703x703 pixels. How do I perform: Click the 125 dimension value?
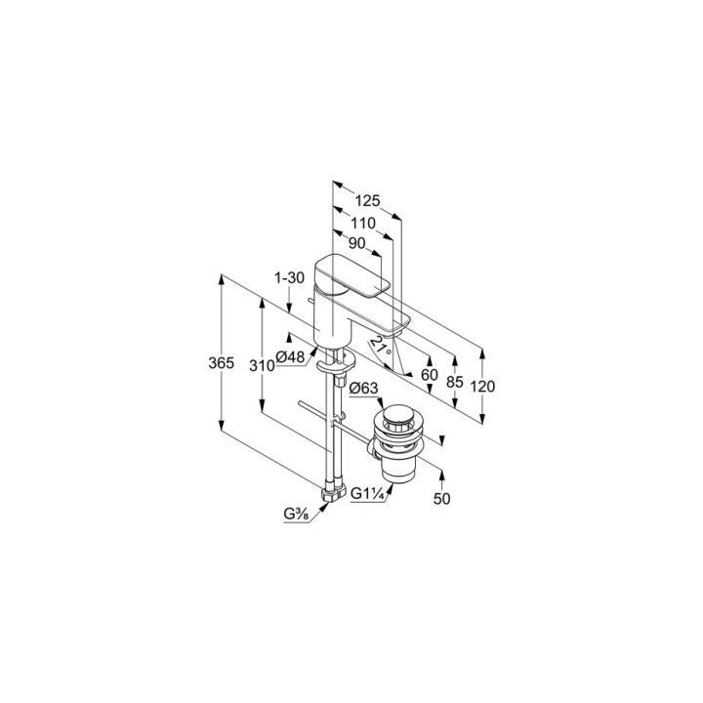pos(368,201)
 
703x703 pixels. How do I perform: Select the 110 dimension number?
pos(362,223)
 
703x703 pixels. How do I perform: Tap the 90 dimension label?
pos(357,243)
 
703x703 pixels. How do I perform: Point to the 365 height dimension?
pos(221,362)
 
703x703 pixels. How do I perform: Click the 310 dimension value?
pos(262,366)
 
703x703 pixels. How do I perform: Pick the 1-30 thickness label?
pos(289,278)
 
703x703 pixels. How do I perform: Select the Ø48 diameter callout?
pos(290,357)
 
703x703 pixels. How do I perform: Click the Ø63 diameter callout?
pos(363,389)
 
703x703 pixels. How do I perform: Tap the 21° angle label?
pos(379,347)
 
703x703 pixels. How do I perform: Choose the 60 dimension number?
pos(429,374)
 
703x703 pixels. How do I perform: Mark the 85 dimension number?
pos(455,382)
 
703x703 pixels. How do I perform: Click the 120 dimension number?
pos(482,386)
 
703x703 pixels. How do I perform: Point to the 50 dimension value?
pos(441,499)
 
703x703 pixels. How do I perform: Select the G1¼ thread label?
pos(367,494)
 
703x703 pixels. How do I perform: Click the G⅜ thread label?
pos(296,515)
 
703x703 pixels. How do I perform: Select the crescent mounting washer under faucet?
pos(335,363)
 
